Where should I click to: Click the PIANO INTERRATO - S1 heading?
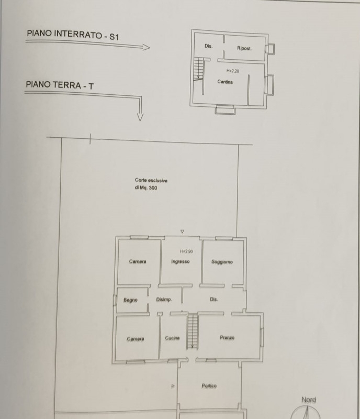73,35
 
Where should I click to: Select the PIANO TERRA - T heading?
60,85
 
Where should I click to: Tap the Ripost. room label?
244,48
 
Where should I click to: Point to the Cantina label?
225,82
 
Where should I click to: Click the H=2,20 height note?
233,71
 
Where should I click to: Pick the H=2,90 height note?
186,251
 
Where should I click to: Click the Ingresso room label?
181,261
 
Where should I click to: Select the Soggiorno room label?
222,262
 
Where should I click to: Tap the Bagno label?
130,300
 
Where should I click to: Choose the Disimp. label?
164,300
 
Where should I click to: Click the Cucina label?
172,338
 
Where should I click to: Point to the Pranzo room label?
227,337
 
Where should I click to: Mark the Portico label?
209,385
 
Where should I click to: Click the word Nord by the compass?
309,400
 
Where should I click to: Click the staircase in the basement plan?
199,69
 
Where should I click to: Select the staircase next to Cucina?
192,332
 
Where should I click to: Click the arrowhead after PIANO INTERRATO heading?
147,47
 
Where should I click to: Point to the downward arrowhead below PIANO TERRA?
140,117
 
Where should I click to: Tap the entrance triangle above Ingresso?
182,231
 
